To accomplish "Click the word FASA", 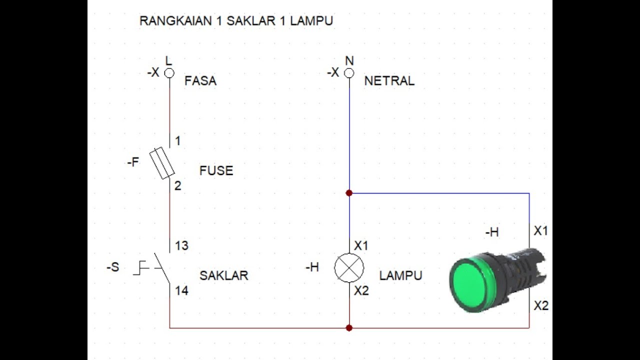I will pos(200,81).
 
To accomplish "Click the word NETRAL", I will pos(389,81).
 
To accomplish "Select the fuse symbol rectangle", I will pos(162,163).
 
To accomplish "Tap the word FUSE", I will pos(216,170).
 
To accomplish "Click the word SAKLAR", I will pos(223,275).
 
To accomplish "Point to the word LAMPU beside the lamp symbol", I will pos(400,275).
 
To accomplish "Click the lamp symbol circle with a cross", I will pos(349,268).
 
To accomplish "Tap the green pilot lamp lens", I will pos(470,283).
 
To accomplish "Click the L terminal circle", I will pos(169,73).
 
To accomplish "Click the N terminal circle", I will pos(349,73).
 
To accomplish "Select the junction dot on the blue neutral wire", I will pos(349,193).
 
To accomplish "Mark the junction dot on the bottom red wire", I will pos(349,328).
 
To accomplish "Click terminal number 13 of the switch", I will pos(181,245).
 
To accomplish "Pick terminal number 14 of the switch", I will pos(181,290).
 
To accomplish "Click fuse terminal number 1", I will pos(177,141).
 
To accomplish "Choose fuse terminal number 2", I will pos(177,186).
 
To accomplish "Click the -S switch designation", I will pos(113,267).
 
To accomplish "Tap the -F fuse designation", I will pos(133,162).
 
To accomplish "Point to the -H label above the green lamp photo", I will pos(491,232).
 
